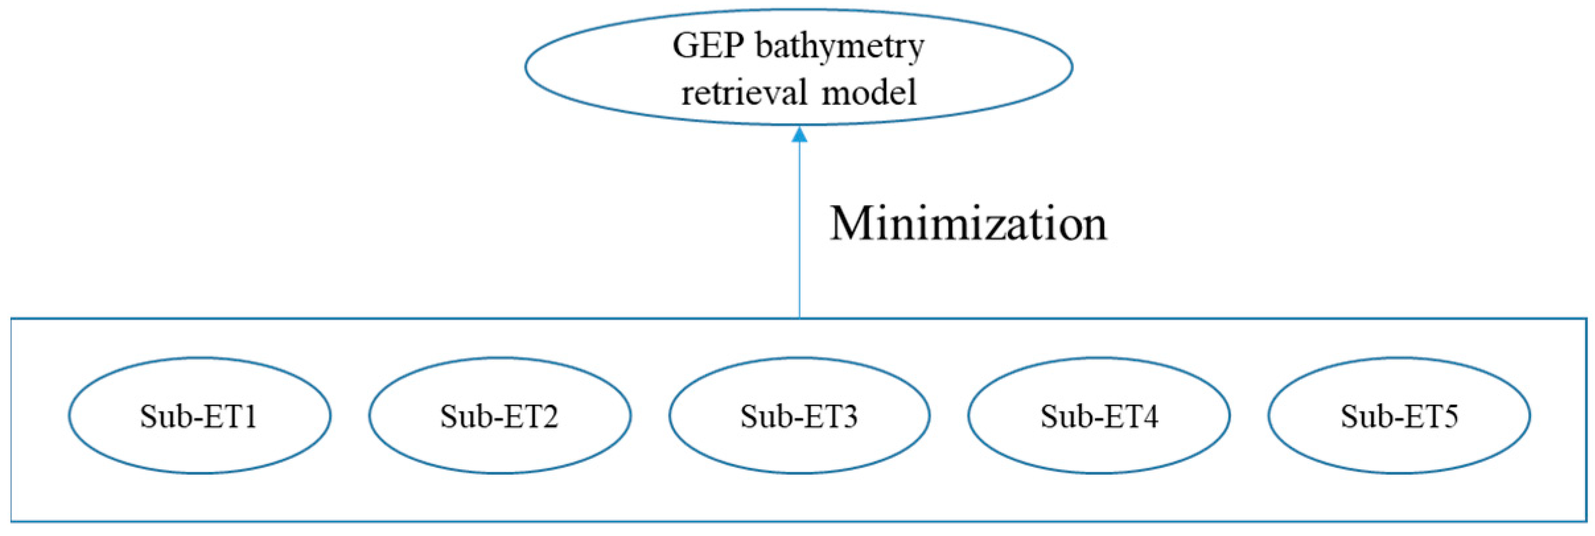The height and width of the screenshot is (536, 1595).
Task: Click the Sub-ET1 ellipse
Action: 199,416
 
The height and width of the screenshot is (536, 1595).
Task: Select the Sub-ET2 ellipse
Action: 499,416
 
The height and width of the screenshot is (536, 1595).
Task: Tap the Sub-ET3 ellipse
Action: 799,416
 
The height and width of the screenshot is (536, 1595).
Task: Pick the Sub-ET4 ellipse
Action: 1099,416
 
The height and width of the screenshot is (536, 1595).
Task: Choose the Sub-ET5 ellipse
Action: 1399,416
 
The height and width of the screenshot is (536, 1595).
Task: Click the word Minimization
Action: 968,224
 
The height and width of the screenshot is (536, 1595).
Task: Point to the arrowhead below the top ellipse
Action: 799,135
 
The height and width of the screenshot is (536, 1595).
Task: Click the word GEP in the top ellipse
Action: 708,46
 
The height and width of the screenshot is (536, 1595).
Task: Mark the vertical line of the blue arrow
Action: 799,231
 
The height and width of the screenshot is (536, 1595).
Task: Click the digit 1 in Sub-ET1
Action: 250,417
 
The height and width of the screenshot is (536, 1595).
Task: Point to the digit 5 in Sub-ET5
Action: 1450,417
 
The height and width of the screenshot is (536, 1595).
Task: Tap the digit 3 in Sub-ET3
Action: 851,417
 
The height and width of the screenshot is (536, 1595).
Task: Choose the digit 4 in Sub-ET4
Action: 1151,417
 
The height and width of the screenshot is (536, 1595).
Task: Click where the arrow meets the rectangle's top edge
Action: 799,318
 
